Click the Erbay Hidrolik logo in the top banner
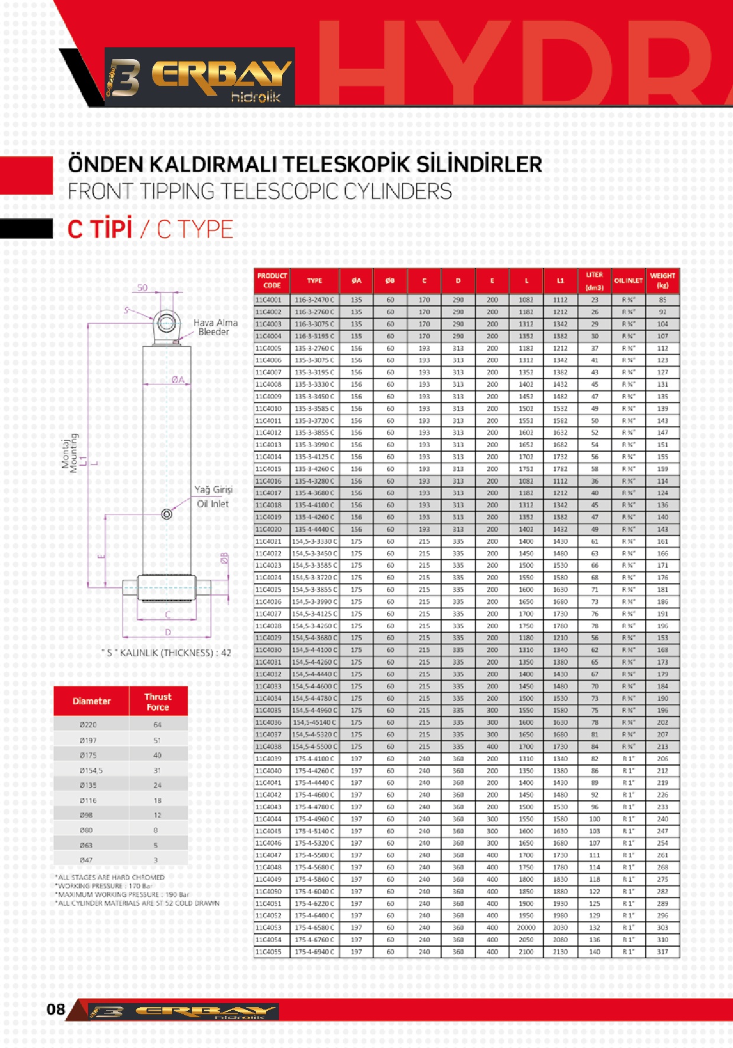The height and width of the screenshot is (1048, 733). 200,77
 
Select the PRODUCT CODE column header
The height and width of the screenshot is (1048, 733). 272,280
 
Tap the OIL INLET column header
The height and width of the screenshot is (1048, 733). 628,280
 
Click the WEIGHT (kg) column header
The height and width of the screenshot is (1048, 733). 662,280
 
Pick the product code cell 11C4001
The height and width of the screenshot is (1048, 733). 269,300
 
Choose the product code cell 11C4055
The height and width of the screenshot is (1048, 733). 269,952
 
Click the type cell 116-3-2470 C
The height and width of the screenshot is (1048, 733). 314,300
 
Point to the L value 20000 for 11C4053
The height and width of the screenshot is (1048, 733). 526,927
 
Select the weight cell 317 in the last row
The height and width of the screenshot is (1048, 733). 662,952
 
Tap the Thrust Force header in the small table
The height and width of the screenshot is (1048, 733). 158,701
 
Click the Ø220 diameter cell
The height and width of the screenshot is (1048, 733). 88,724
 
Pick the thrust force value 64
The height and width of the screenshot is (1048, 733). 157,724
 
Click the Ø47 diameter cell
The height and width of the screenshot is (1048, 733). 86,860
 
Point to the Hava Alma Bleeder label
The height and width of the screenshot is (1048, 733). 215,327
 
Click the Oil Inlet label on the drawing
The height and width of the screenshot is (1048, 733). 213,504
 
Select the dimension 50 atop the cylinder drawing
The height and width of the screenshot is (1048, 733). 142,287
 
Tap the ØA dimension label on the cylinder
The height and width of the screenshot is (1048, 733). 178,380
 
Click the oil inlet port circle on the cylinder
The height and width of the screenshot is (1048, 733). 167,514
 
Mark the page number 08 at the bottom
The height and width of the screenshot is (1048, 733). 56,1009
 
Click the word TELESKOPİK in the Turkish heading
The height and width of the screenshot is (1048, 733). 347,164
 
